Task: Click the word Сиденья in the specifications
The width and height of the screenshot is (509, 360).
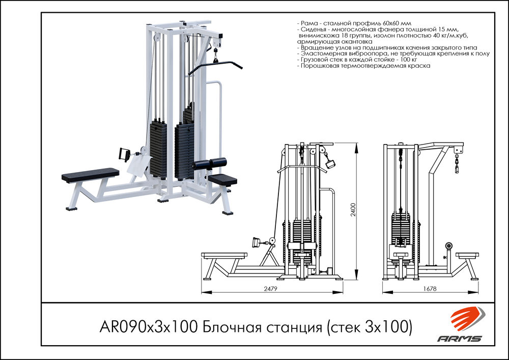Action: click(x=314, y=30)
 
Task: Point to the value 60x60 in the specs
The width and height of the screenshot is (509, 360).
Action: click(x=391, y=24)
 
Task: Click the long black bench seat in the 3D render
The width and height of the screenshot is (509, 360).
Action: click(x=90, y=176)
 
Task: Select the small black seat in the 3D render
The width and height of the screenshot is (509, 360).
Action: click(x=223, y=179)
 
